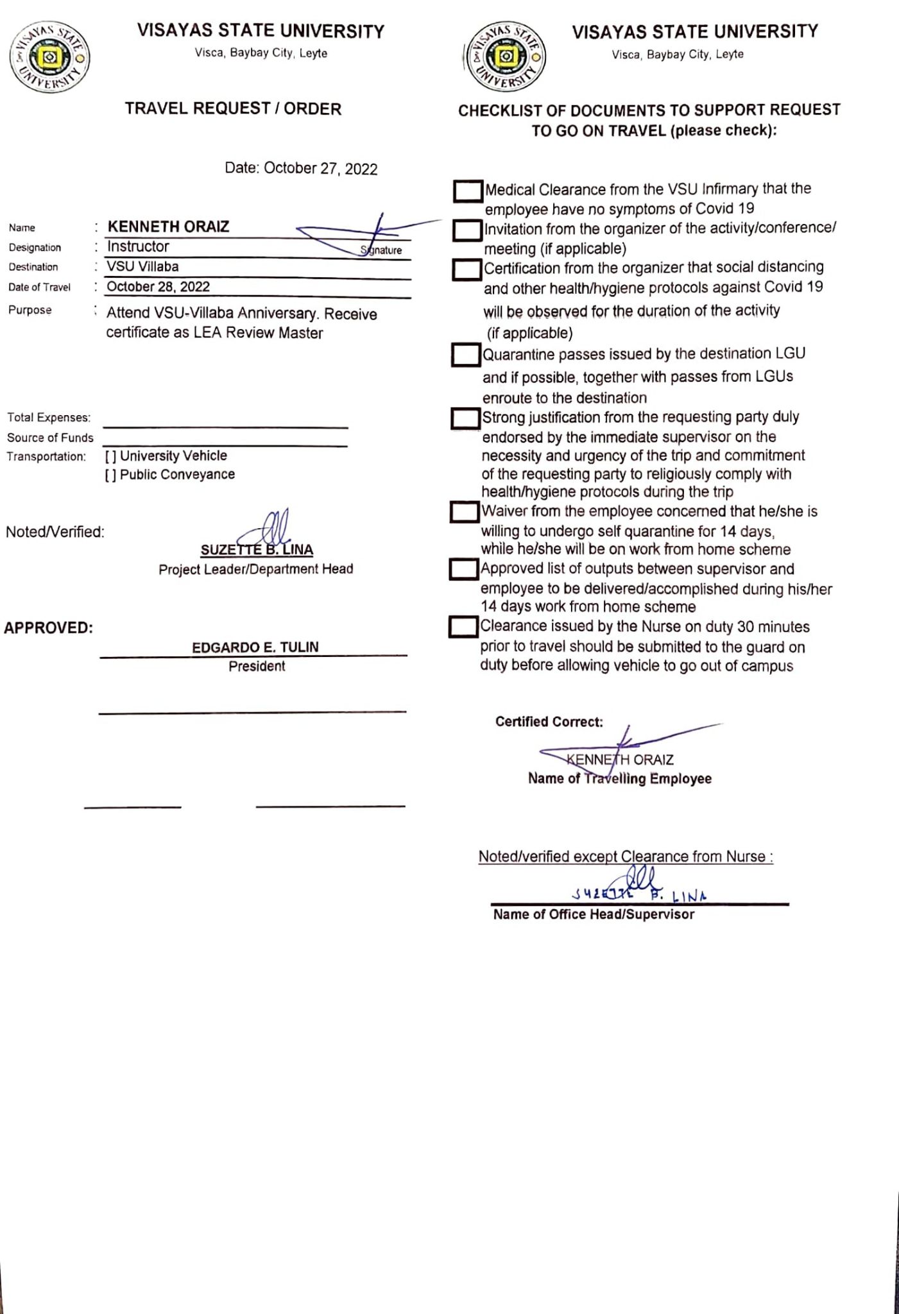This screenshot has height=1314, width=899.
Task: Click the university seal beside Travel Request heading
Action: (x=49, y=57)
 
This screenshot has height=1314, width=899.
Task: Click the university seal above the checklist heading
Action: (x=506, y=57)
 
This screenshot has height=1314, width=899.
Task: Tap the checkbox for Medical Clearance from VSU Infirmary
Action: (x=468, y=191)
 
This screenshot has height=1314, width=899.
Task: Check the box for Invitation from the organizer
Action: (x=467, y=230)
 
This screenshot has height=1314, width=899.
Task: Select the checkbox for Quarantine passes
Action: (x=466, y=355)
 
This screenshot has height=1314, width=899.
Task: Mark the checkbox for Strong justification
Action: (x=465, y=419)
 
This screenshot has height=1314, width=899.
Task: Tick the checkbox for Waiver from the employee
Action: (x=465, y=512)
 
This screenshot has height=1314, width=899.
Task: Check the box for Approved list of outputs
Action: (x=464, y=570)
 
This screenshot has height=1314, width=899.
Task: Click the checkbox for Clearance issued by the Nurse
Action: (x=463, y=627)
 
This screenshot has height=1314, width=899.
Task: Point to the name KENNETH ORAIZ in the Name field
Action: (x=168, y=226)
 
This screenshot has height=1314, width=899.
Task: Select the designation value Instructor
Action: (x=138, y=246)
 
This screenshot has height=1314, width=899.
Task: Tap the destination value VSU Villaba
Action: (x=142, y=266)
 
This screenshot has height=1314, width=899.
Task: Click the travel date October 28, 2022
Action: (x=158, y=286)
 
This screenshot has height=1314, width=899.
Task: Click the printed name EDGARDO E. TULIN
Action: (x=255, y=647)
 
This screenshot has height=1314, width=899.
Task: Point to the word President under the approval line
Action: (x=257, y=666)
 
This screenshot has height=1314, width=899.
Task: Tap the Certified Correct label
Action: (x=549, y=722)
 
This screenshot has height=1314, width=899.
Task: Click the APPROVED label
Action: (x=49, y=627)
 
